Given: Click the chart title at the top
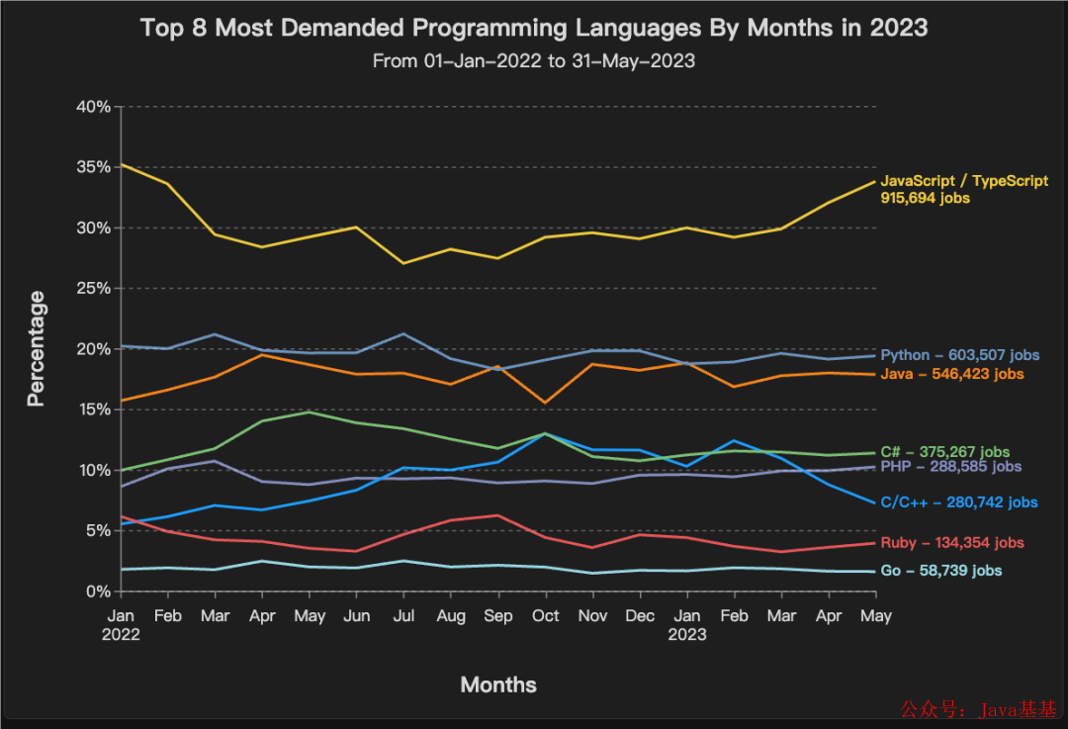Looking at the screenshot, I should pos(534,27).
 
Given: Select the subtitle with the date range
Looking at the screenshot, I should pos(534,60).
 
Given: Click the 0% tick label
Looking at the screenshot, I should pos(98,591).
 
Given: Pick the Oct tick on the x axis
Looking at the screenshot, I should pos(545,615).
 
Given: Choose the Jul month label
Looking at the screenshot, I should pos(402,615).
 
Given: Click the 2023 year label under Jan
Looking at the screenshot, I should pos(686,634).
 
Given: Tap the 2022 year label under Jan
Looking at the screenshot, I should pos(121,634).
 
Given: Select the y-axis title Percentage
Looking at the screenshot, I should pos(37,348).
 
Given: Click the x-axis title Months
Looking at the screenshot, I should pos(498,684).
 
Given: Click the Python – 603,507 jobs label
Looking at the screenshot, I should pos(959,355).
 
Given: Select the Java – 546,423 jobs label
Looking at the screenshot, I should pos(951,374).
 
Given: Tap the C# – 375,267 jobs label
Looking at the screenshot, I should pos(944,451).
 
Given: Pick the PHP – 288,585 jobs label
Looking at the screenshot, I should pos(950,466).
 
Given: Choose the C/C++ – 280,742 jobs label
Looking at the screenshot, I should pos(958,502).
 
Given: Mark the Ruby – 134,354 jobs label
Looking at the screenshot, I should pos(951,543).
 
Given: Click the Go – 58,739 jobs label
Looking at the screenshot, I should pos(940,571).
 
